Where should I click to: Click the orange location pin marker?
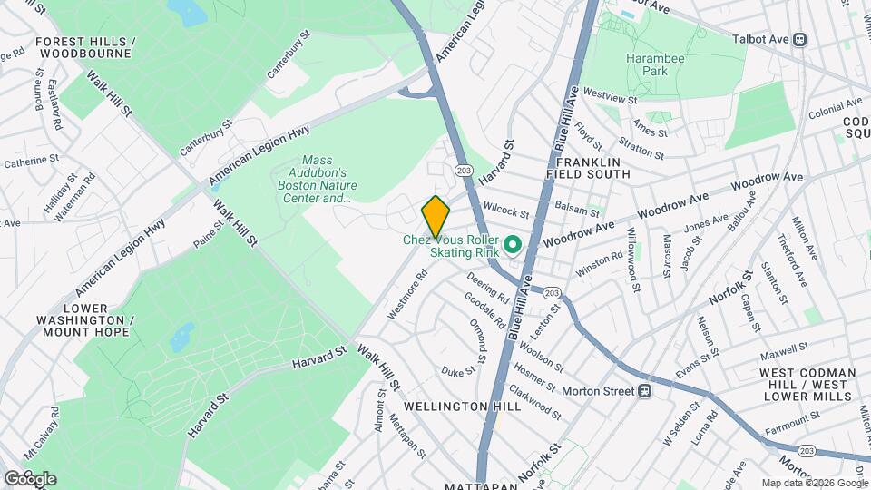435,216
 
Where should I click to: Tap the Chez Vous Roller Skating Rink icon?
512,245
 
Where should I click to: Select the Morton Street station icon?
645,391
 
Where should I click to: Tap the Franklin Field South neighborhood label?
588,165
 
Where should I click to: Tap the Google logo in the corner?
30,478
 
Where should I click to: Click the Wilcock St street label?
506,211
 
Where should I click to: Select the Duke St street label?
459,370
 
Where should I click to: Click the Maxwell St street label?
785,349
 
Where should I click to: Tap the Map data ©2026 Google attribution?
813,483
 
